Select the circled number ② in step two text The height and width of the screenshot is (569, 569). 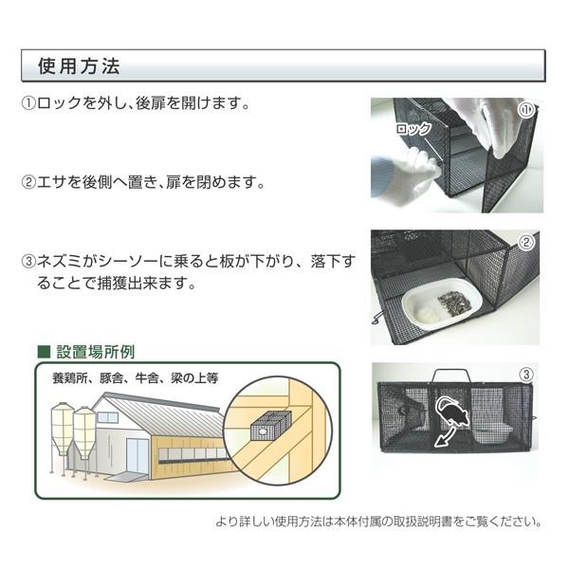[28, 180]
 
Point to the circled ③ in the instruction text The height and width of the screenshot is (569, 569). [28, 259]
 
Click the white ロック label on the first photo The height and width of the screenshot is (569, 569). [413, 129]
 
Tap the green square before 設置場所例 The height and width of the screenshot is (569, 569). [43, 351]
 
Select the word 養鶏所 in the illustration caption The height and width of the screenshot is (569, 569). [72, 377]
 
